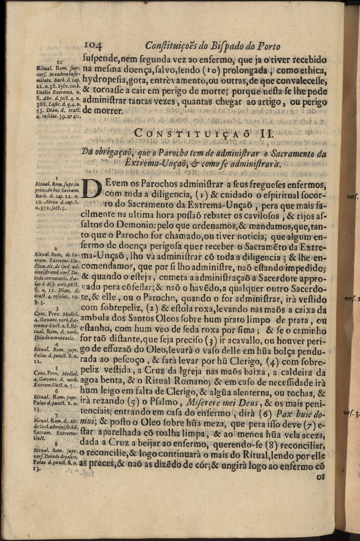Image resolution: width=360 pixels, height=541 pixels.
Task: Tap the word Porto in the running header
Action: click(268, 46)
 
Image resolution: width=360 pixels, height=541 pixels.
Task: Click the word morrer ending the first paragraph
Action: click(108, 111)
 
